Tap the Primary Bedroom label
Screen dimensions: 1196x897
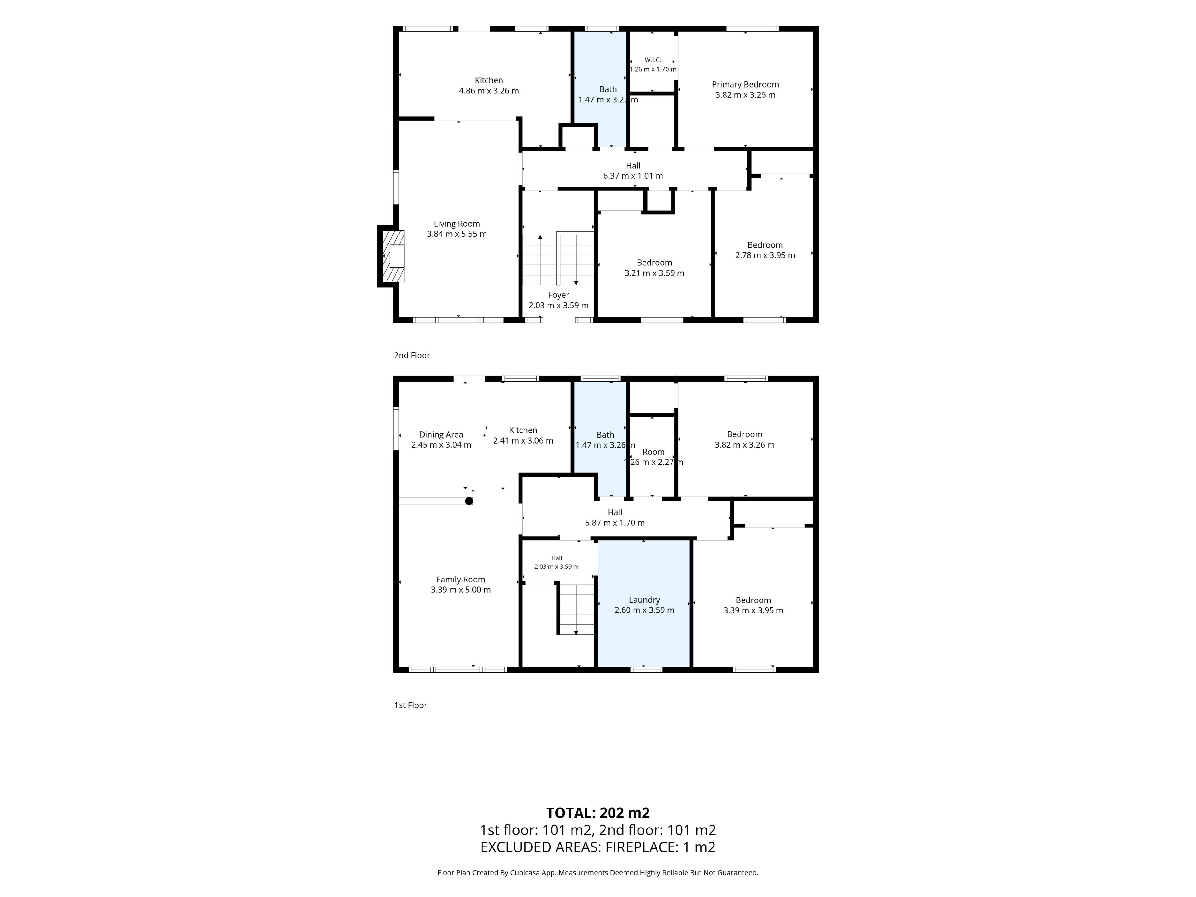tap(745, 84)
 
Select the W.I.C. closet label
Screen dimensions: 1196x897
tap(653, 60)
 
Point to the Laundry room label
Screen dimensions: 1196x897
tap(644, 600)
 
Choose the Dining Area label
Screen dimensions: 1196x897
tap(441, 435)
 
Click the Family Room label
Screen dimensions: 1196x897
tap(461, 580)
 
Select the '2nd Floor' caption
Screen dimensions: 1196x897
tap(412, 355)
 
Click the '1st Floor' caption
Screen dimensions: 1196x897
tap(411, 705)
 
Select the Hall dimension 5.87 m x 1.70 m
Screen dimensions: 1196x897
tap(615, 523)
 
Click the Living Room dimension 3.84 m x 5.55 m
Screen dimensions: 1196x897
tap(457, 234)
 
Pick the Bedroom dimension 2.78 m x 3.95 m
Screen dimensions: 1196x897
tap(765, 255)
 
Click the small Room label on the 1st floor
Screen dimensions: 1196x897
tap(653, 452)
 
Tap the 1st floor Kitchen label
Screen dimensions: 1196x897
tap(523, 430)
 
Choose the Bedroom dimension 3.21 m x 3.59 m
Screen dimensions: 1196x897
tap(654, 273)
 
